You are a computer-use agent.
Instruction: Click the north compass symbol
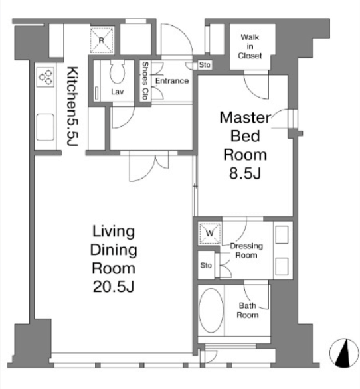(x=344, y=353)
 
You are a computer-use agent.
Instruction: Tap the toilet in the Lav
(x=117, y=72)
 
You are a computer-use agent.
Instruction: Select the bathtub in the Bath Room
(x=211, y=310)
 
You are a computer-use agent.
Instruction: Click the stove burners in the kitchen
(x=45, y=77)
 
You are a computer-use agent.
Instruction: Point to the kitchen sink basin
(x=45, y=127)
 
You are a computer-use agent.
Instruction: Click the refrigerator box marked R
(x=102, y=40)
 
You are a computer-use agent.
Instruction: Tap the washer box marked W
(x=210, y=233)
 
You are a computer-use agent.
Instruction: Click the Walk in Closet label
(x=250, y=46)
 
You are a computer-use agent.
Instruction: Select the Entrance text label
(x=172, y=81)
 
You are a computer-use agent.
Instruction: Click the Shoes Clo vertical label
(x=145, y=80)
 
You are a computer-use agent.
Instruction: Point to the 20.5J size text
(x=114, y=287)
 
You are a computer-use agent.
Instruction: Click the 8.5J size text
(x=245, y=173)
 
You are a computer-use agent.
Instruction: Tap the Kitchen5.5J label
(x=73, y=106)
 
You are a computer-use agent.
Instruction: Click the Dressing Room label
(x=246, y=250)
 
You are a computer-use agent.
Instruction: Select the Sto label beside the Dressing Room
(x=206, y=265)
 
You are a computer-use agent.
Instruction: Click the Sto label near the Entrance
(x=205, y=65)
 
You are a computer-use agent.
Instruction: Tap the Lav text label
(x=117, y=92)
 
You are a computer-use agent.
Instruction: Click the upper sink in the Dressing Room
(x=282, y=234)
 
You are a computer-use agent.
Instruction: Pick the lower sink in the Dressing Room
(x=282, y=266)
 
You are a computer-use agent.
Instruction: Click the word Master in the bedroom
(x=245, y=117)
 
